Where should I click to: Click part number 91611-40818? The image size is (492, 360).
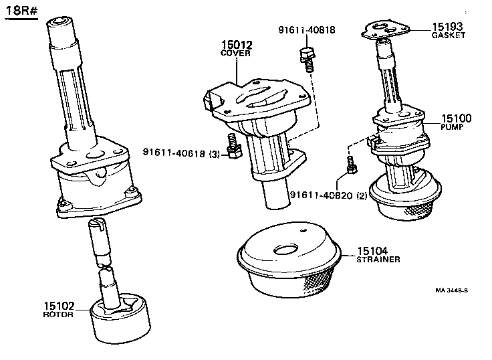pyautogui.click(x=307, y=29)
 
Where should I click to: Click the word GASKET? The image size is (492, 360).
pyautogui.click(x=448, y=35)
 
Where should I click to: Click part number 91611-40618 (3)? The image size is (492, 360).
pyautogui.click(x=181, y=153)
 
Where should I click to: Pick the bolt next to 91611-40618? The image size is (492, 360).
pyautogui.click(x=233, y=147)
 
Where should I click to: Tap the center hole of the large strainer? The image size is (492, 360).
pyautogui.click(x=288, y=250)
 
